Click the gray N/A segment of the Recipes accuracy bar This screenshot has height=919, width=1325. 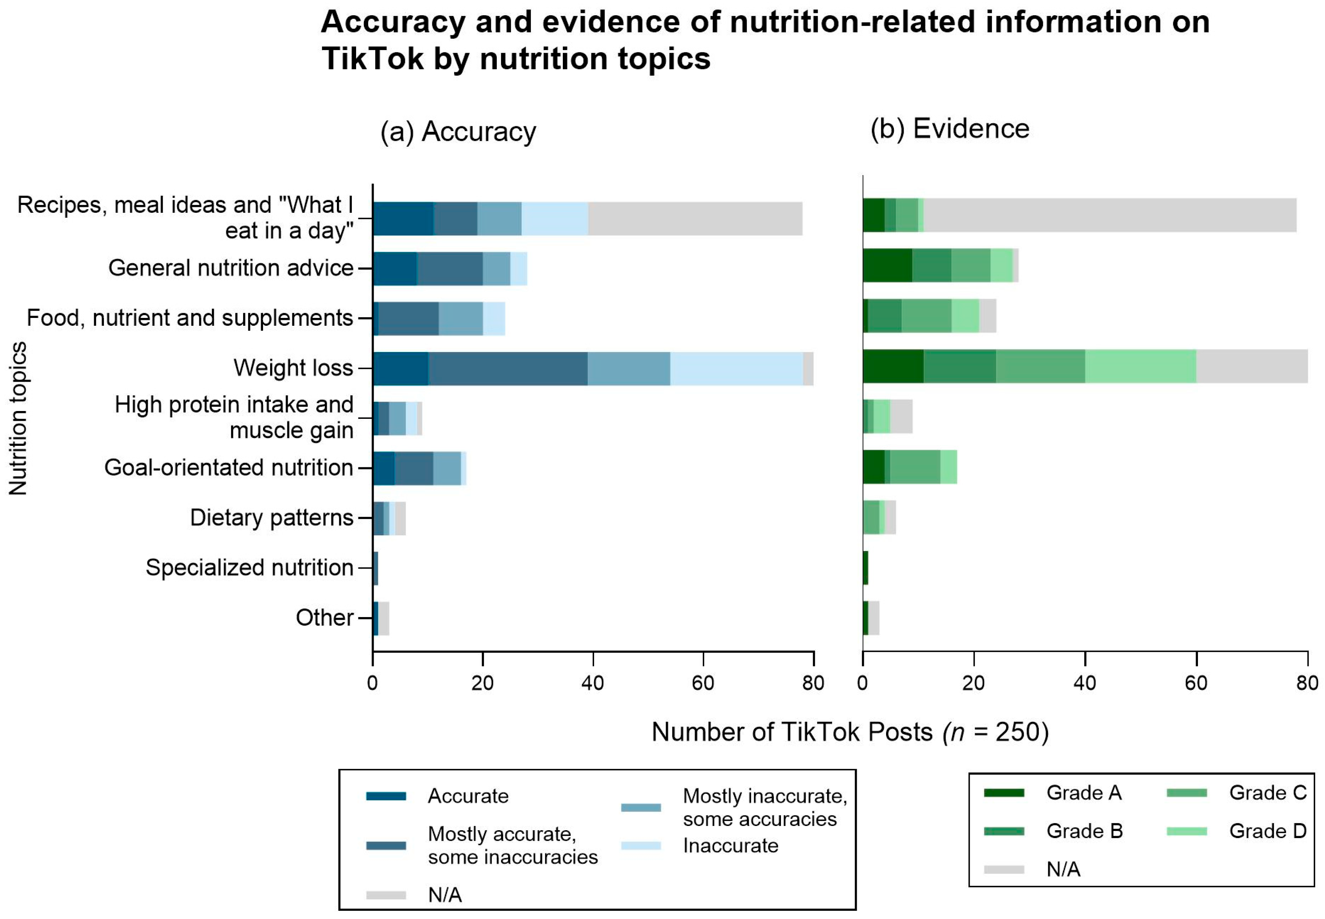695,219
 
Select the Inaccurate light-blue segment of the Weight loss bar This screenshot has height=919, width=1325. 736,368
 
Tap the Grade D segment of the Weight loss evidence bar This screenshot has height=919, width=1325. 1140,366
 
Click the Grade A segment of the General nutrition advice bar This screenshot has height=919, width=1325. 887,266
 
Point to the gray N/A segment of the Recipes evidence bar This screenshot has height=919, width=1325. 1109,215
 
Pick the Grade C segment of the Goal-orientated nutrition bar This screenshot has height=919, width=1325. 915,467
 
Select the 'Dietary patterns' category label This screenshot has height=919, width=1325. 272,518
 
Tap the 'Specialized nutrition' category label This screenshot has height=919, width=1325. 249,568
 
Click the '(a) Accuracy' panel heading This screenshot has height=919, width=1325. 458,132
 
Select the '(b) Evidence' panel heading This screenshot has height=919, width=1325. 949,128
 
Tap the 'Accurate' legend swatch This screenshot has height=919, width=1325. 386,796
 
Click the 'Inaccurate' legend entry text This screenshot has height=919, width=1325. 730,846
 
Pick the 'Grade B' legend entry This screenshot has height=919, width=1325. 1084,831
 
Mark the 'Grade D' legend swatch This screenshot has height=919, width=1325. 1186,831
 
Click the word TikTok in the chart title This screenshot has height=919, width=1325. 372,59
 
